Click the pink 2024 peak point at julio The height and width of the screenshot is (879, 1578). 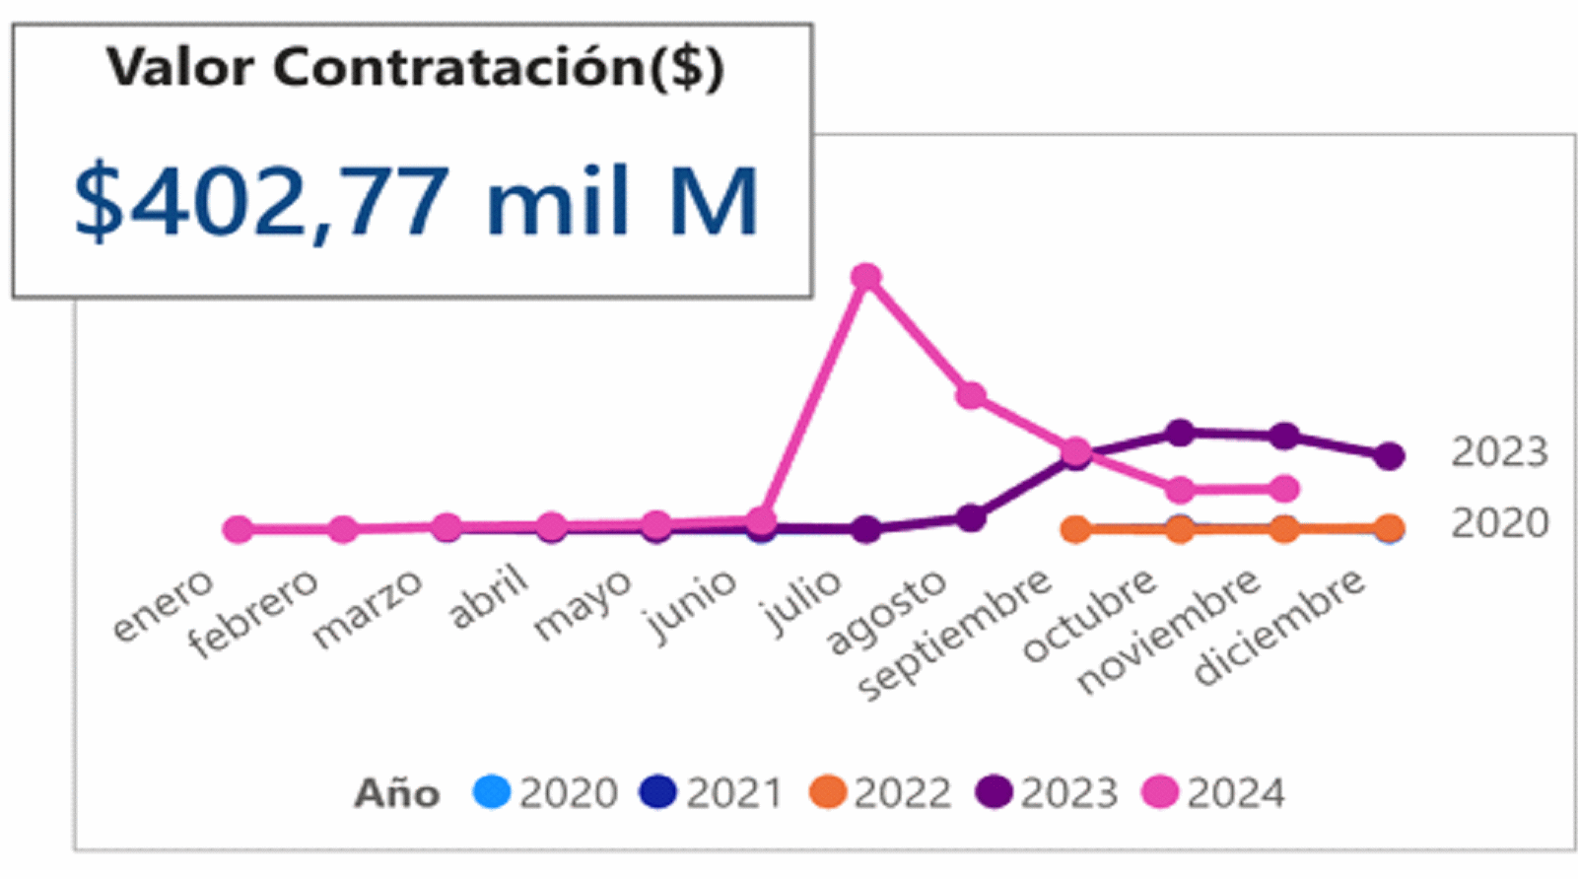tap(865, 278)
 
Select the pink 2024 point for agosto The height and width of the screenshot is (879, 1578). tap(971, 395)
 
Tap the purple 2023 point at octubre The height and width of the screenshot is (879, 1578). tap(1180, 433)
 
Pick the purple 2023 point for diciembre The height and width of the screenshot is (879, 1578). tap(1389, 455)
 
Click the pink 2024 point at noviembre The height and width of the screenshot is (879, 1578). tap(1283, 488)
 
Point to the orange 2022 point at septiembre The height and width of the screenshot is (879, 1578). tap(1075, 529)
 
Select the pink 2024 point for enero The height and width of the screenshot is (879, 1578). tap(238, 529)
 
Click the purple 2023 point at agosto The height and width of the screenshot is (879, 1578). tap(971, 517)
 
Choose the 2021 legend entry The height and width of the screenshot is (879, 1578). tap(712, 792)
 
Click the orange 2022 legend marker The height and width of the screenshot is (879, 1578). tap(827, 792)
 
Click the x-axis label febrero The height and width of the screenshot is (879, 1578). tap(254, 613)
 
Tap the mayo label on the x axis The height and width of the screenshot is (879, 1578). tap(583, 604)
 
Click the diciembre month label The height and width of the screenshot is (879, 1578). tap(1279, 627)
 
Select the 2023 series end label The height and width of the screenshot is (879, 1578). tap(1499, 452)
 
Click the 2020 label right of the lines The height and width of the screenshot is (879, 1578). tap(1499, 523)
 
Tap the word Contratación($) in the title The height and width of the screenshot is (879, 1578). tap(499, 68)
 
